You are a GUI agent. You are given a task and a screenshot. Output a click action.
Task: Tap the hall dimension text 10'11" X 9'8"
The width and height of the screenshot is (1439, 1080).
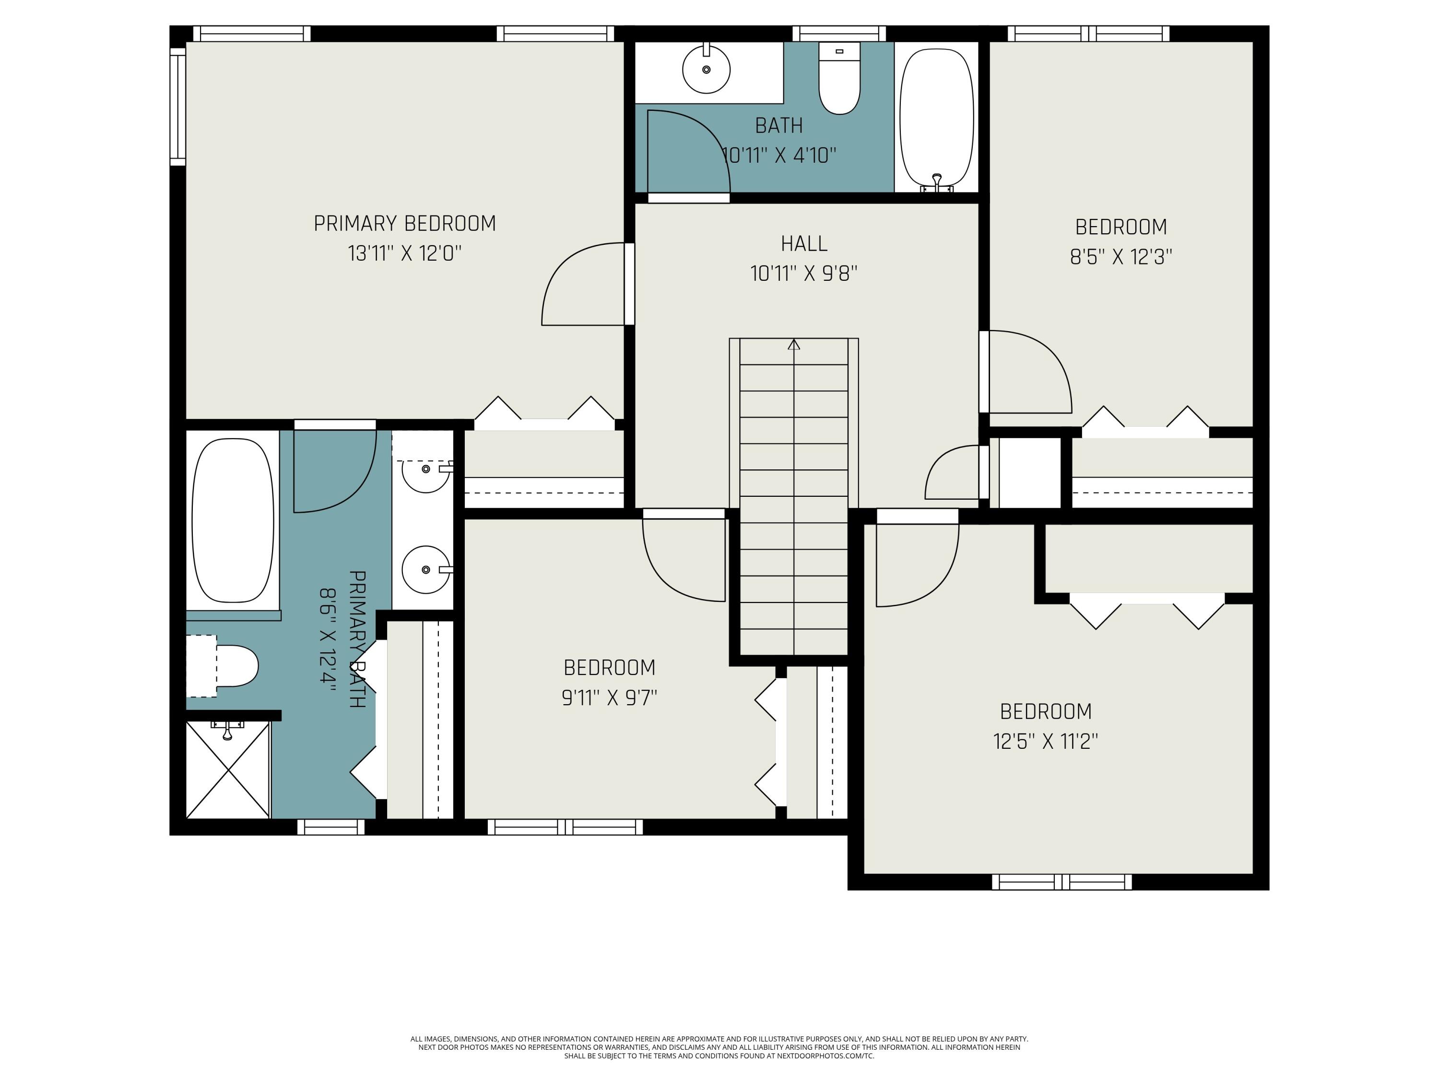[x=803, y=274]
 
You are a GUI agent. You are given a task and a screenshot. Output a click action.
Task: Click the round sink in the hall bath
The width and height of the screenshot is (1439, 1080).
[x=706, y=69]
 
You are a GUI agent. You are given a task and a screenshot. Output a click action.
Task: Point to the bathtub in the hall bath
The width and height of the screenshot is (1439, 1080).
[x=936, y=117]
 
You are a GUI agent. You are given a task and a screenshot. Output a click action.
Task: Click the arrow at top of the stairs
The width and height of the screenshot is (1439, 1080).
[x=794, y=345]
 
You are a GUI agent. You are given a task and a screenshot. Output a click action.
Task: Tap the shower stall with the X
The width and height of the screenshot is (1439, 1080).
[x=228, y=769]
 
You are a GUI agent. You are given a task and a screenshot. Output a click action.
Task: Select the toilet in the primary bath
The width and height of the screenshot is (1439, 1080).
[x=228, y=666]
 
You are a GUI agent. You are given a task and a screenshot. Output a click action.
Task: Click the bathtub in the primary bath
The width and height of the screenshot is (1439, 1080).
[x=233, y=519]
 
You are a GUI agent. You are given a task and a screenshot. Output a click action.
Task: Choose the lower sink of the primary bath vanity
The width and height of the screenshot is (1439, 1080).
[x=425, y=570]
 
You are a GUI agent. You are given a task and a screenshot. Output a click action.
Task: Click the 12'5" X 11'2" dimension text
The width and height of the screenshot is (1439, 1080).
[x=1045, y=742]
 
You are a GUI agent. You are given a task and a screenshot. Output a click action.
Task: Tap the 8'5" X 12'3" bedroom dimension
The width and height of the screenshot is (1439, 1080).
[x=1121, y=258]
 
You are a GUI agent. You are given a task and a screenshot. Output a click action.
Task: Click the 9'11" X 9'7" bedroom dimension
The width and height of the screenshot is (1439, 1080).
[x=609, y=698]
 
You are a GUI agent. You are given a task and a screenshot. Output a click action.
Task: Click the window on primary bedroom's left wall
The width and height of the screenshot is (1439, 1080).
[x=177, y=106]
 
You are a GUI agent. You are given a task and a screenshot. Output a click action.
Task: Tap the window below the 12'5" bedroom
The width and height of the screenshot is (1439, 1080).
[x=1062, y=882]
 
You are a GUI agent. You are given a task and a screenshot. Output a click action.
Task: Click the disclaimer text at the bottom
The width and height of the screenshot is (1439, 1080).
[x=719, y=1047]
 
